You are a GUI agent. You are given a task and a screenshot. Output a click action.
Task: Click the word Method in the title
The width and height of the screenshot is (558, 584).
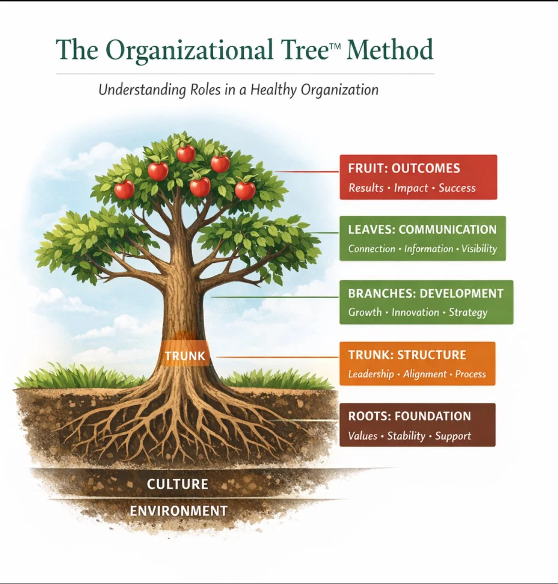pyautogui.click(x=390, y=50)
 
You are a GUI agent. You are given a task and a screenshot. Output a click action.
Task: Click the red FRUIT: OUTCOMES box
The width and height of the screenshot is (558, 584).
pyautogui.click(x=418, y=177)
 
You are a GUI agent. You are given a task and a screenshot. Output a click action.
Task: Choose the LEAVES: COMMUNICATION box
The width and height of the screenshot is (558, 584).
pyautogui.click(x=422, y=239)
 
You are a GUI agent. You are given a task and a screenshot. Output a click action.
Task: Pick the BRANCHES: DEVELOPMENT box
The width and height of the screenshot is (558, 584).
pyautogui.click(x=426, y=302)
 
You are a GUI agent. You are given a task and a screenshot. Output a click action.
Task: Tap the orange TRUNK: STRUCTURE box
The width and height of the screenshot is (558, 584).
pyautogui.click(x=417, y=364)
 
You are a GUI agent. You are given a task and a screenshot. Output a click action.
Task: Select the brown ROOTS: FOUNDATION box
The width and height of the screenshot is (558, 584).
pyautogui.click(x=417, y=425)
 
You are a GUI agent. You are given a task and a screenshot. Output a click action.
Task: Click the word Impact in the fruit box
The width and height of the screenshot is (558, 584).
pyautogui.click(x=411, y=188)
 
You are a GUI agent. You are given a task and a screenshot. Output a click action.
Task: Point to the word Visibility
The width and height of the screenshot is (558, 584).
pyautogui.click(x=479, y=249)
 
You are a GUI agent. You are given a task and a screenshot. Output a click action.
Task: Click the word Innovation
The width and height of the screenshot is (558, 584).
pyautogui.click(x=415, y=313)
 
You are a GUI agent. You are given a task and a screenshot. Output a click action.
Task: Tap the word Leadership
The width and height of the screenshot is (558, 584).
pyautogui.click(x=371, y=374)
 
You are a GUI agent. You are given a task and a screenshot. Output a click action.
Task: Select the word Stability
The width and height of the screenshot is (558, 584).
pyautogui.click(x=406, y=436)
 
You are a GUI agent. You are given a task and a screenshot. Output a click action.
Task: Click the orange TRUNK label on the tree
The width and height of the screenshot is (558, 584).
pyautogui.click(x=185, y=356)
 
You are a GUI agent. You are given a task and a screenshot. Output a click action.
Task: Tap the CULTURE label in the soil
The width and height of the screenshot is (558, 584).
pyautogui.click(x=177, y=484)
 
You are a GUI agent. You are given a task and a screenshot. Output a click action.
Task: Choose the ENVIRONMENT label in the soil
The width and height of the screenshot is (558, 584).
pyautogui.click(x=178, y=511)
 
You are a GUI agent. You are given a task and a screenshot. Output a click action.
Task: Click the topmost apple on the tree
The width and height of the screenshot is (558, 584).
pyautogui.click(x=186, y=154)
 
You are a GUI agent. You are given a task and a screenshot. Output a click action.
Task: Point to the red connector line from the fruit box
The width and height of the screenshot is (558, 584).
pyautogui.click(x=308, y=171)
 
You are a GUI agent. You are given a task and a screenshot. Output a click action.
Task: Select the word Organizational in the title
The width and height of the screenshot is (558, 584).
pyautogui.click(x=189, y=50)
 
